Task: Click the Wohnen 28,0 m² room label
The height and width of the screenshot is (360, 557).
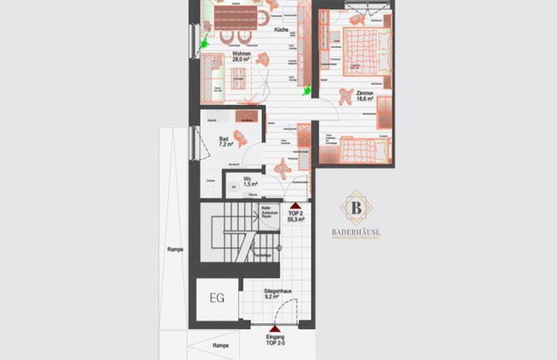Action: [x=241, y=57]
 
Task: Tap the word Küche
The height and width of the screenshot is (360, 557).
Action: [x=280, y=32]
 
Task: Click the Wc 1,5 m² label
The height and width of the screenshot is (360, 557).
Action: [x=250, y=181]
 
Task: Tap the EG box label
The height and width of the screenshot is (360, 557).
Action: [x=218, y=300]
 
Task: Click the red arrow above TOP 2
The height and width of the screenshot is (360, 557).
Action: [x=294, y=206]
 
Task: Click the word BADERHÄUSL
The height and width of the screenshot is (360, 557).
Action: [x=356, y=231]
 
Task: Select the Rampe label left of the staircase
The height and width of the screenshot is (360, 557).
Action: [x=175, y=249]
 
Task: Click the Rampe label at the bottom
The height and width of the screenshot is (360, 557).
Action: [x=221, y=345]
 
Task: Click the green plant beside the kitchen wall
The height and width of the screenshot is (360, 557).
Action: [x=307, y=87]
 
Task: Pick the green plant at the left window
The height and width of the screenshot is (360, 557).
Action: [x=205, y=42]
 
